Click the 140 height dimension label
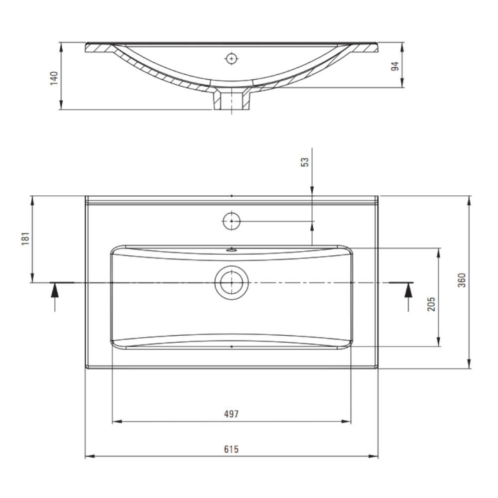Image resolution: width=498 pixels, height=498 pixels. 54,78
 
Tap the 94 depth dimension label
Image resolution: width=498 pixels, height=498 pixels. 394,66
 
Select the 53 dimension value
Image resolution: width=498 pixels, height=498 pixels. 305,162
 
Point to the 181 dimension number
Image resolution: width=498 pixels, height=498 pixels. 25,239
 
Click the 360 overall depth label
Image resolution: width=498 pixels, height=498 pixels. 462,280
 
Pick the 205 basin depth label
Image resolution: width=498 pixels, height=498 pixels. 431,304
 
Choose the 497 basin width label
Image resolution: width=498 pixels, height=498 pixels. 231,414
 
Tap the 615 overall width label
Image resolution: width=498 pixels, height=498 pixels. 231,449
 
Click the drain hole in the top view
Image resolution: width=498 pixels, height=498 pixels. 232,282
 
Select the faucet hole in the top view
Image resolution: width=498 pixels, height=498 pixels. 232,221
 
